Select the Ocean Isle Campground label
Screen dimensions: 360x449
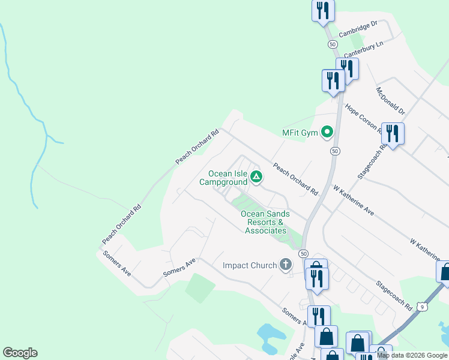click(228, 178)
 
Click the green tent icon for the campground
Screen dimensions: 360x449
click(256, 176)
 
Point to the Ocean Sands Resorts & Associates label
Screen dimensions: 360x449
click(265, 222)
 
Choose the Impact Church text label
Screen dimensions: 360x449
click(250, 265)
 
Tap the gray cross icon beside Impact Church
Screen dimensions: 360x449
click(286, 265)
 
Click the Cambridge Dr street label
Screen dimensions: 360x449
click(357, 29)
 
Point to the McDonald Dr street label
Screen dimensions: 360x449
click(391, 101)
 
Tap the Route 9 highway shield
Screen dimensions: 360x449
click(423, 307)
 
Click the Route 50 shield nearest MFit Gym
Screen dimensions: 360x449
click(335, 151)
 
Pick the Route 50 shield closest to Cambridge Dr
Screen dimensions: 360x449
click(331, 44)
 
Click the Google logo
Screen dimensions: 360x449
click(20, 353)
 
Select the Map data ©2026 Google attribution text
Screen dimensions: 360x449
click(412, 355)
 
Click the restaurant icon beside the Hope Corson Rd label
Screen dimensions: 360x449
click(393, 134)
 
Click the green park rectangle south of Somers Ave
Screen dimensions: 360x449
click(200, 288)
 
